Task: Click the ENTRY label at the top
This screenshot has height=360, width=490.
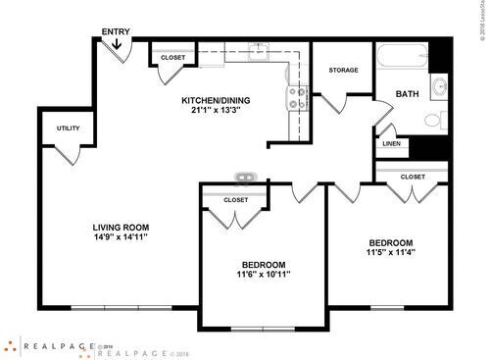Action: click(x=117, y=32)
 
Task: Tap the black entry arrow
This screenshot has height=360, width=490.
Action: click(x=117, y=44)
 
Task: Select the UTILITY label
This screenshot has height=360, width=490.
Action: click(x=68, y=129)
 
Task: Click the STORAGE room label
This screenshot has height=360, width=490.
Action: click(x=343, y=71)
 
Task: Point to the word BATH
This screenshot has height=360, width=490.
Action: click(x=407, y=94)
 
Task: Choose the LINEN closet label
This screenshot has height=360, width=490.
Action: click(x=389, y=145)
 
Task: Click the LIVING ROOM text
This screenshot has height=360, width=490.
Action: click(x=107, y=228)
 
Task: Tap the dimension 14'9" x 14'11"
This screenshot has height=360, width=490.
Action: click(x=107, y=237)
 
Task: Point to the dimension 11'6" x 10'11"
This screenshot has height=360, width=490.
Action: click(x=263, y=275)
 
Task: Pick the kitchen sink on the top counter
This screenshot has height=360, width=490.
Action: click(x=259, y=51)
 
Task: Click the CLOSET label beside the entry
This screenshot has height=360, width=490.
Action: click(x=172, y=58)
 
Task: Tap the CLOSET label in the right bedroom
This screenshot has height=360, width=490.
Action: click(x=413, y=177)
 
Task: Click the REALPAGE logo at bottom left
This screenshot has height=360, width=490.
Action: click(x=49, y=345)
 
